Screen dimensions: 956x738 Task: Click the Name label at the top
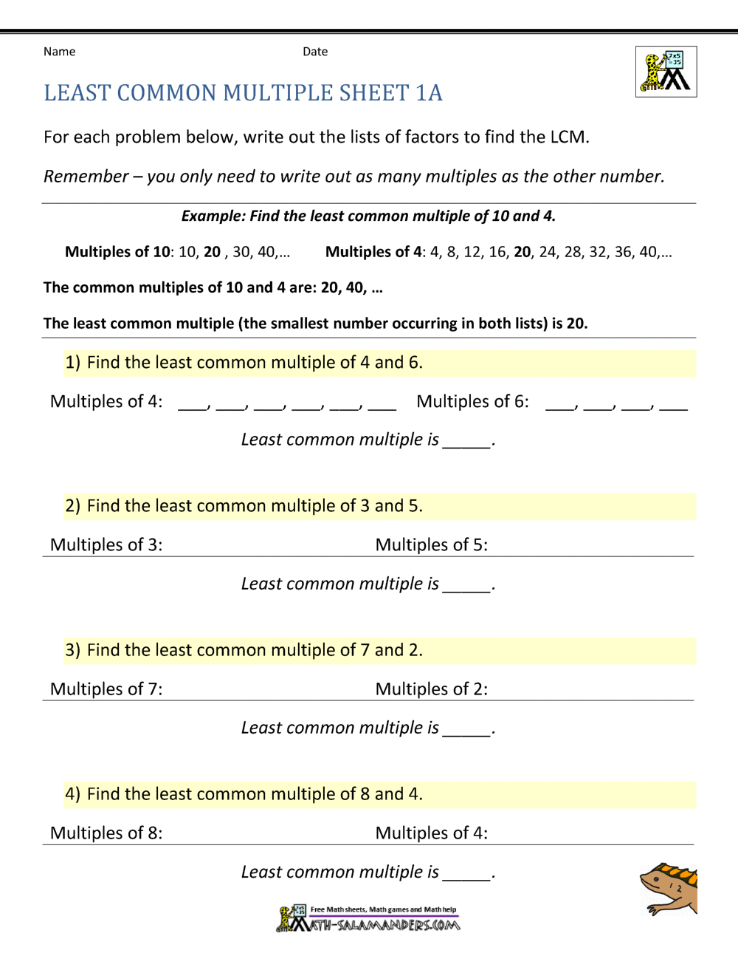point(59,52)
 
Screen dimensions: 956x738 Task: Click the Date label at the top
point(315,52)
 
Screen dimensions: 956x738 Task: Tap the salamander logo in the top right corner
point(666,72)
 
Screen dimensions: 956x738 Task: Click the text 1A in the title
point(429,93)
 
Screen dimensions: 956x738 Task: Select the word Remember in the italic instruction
point(86,177)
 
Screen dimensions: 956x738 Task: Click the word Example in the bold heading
point(213,216)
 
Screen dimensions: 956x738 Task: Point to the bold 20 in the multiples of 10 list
point(213,252)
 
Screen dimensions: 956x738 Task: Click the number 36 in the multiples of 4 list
point(624,252)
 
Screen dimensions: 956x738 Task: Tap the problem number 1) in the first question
point(72,363)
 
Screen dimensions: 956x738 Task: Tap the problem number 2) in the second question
point(72,506)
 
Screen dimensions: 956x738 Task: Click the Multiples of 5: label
point(431,545)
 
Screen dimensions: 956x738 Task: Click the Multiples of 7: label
point(106,689)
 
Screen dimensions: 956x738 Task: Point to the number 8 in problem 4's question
point(365,794)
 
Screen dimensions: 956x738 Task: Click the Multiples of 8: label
point(106,833)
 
